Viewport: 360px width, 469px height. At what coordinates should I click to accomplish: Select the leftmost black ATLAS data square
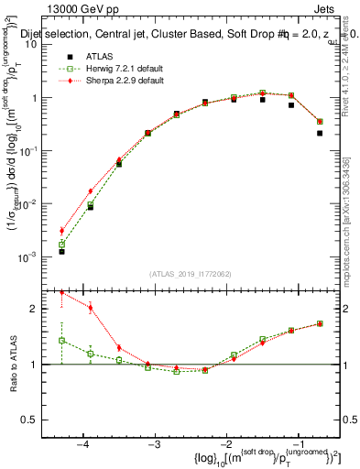click(x=61, y=251)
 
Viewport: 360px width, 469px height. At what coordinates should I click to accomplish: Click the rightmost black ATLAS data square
click(x=320, y=133)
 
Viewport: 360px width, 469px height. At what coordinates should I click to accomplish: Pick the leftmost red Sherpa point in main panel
click(x=61, y=231)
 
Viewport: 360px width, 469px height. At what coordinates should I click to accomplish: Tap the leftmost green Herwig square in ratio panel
click(x=61, y=340)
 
